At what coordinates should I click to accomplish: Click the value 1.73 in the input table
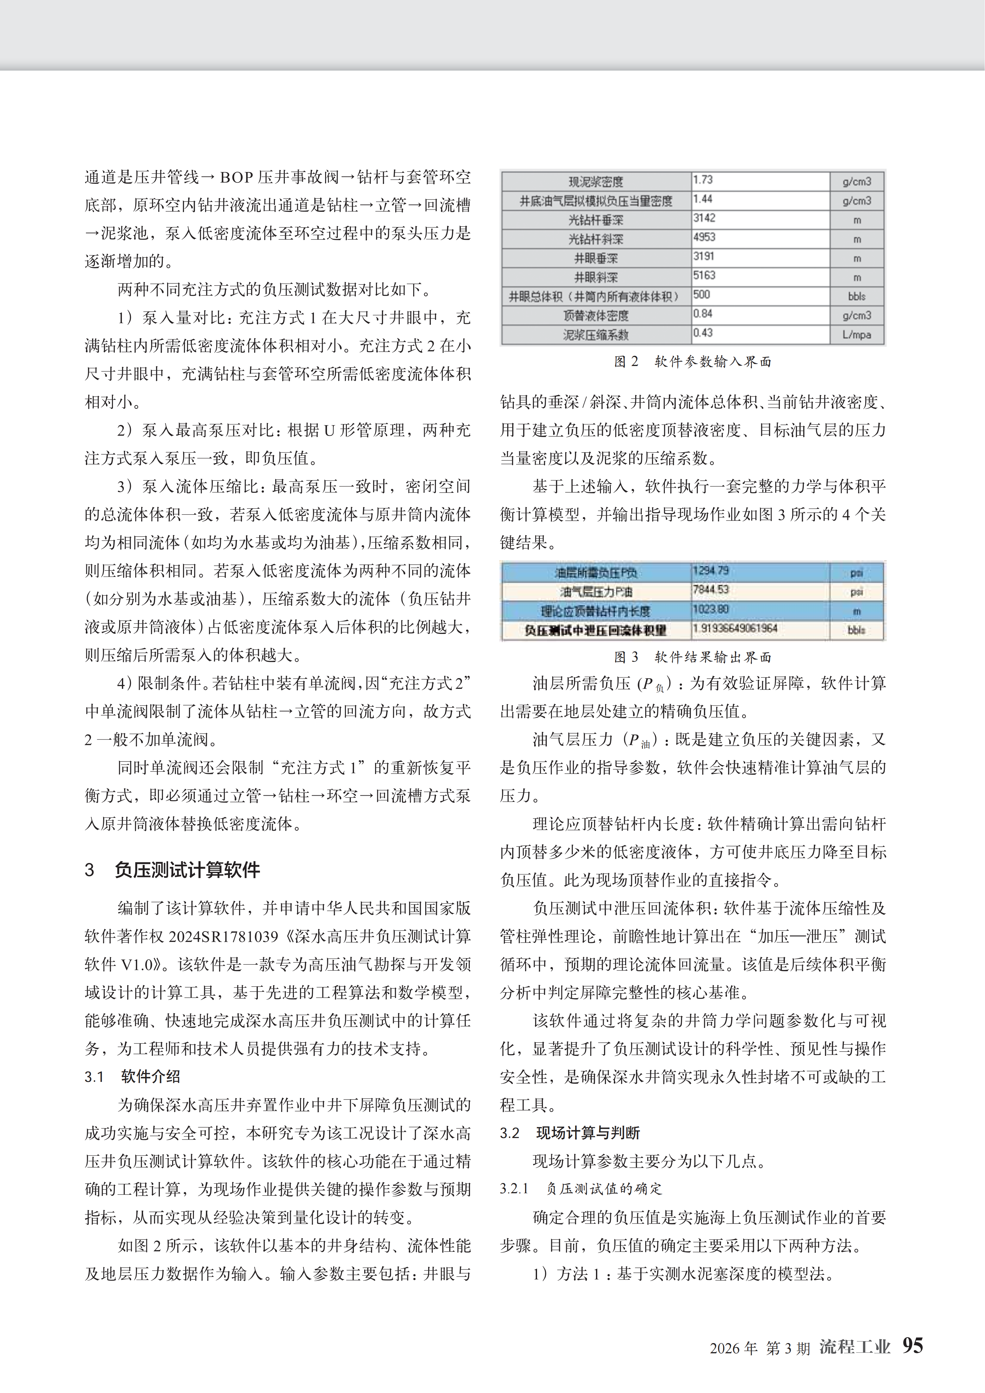click(x=703, y=180)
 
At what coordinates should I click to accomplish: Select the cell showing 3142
click(x=704, y=218)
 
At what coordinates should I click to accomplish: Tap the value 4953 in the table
click(x=704, y=237)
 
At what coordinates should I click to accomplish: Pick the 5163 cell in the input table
click(x=704, y=275)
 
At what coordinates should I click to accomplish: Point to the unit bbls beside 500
click(x=856, y=296)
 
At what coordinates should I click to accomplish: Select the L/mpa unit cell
click(x=856, y=334)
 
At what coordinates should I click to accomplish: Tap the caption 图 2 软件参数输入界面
click(x=692, y=362)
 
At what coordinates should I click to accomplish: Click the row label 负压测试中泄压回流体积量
click(x=595, y=630)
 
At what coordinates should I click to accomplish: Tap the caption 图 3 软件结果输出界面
click(x=692, y=657)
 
